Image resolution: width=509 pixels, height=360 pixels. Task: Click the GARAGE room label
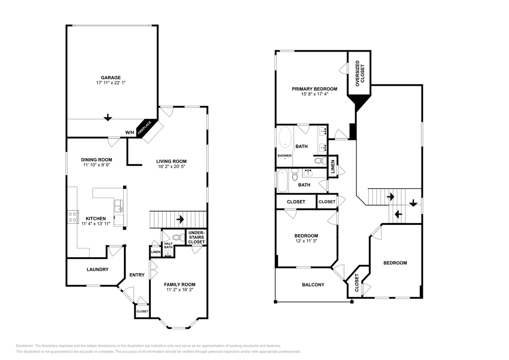coord(110,78)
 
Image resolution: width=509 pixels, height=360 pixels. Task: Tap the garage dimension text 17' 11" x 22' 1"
coord(111,83)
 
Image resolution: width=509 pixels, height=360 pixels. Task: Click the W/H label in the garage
coord(130,132)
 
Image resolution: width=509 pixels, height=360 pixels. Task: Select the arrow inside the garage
coord(108,117)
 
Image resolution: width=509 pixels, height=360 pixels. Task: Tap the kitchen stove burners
coord(73,217)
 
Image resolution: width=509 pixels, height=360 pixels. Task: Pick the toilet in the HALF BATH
coord(177,237)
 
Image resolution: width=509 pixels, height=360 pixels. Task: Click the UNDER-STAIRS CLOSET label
coord(196,237)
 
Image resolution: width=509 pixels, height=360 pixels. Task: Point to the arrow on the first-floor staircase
coord(180,219)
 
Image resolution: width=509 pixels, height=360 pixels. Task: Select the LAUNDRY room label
coord(98,270)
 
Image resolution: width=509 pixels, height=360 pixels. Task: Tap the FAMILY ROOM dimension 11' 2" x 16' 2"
coord(180,290)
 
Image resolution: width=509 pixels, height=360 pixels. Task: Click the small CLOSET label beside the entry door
coord(142,311)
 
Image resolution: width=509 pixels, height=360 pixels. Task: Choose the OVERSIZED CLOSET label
coord(360,74)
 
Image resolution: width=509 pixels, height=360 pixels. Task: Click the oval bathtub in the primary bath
coord(285,137)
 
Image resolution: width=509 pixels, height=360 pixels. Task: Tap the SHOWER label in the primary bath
coord(285,156)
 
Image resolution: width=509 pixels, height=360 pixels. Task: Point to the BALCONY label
coord(313,285)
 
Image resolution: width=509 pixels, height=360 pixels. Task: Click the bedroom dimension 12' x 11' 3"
coord(306,241)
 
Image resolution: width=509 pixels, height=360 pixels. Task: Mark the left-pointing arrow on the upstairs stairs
coord(398,214)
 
